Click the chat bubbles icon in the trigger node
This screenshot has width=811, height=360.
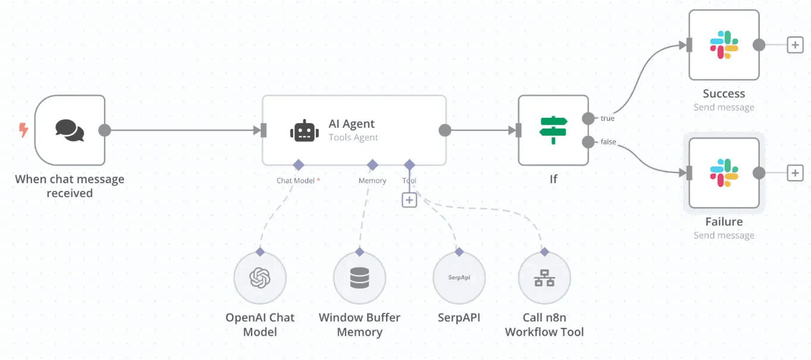pos(70,130)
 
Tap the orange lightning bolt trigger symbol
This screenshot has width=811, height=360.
pos(24,130)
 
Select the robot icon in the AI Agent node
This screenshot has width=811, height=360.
pos(304,130)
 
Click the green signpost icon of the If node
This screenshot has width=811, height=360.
pos(553,130)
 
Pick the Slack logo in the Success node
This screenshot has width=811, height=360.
pos(724,45)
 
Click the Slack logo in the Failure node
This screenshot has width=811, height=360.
pos(724,173)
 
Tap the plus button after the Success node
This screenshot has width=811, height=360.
pos(795,45)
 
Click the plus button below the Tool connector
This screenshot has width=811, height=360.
pos(409,200)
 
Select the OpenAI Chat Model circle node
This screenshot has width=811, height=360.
pos(260,277)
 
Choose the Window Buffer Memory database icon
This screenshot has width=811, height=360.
pos(359,277)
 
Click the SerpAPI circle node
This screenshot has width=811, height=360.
pos(459,277)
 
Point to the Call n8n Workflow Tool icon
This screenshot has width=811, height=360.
pos(544,277)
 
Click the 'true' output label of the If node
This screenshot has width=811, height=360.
pos(608,118)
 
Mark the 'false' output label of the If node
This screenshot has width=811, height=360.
pos(608,142)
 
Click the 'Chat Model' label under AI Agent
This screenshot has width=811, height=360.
pos(296,180)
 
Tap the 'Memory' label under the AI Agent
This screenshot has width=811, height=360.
pos(372,180)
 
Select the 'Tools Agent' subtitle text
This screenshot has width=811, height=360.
pos(353,137)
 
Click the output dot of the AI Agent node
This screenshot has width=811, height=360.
pos(444,130)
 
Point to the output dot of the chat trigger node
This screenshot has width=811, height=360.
pos(105,130)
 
